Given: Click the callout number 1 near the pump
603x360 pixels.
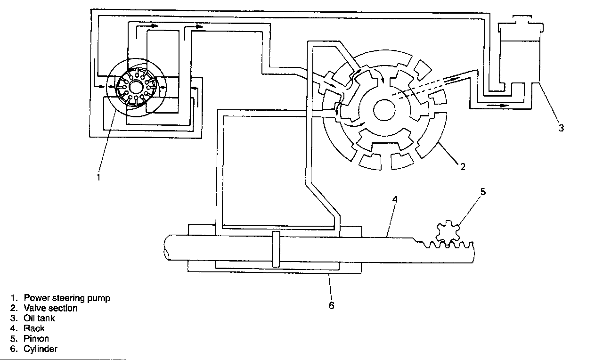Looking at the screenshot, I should click(x=98, y=178).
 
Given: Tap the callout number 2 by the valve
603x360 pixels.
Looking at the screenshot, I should click(x=463, y=166).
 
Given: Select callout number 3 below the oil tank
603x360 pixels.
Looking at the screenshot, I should click(x=561, y=128).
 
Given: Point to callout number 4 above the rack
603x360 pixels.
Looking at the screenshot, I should click(x=395, y=199).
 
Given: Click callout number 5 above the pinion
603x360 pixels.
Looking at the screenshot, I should click(x=482, y=191).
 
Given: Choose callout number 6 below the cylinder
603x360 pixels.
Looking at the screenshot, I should click(x=331, y=305).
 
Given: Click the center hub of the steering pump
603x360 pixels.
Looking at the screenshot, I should click(x=136, y=88).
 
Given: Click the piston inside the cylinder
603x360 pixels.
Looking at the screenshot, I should click(x=276, y=248).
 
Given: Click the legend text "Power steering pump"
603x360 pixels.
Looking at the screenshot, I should click(x=67, y=298).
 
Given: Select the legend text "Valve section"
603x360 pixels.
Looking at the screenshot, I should click(x=50, y=308).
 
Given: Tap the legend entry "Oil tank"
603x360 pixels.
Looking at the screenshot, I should click(x=39, y=318).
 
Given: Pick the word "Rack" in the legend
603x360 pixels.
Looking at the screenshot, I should click(x=34, y=328).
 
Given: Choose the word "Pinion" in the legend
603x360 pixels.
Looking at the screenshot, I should click(x=36, y=339).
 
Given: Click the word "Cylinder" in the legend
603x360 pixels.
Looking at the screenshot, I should click(x=41, y=349).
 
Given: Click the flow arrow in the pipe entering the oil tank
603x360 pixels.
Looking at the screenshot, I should click(x=498, y=105).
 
